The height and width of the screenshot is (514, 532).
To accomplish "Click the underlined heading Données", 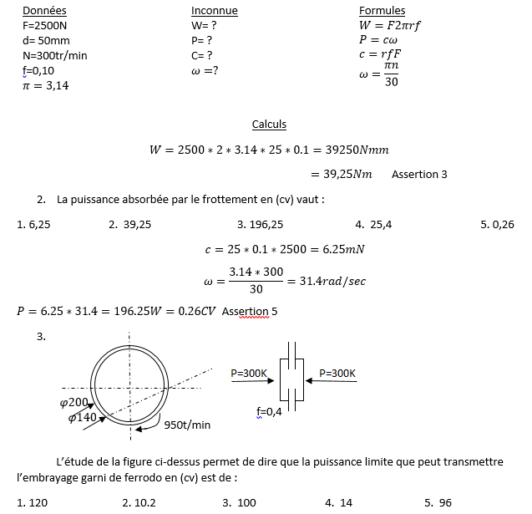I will coord(44,11).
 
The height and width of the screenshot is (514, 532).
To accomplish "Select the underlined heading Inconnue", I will coord(214,11).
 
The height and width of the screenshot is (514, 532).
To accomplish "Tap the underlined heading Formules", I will coord(382,11).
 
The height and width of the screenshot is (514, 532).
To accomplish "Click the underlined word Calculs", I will coord(269,125).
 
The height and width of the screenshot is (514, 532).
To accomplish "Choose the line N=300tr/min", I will coord(55,55).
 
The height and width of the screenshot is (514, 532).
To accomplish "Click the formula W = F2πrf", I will coord(389,25).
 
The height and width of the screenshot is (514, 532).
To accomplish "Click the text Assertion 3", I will coord(419,175).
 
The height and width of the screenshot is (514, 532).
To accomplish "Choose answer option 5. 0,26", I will coord(497,224).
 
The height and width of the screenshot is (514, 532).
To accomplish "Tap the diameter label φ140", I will coord(82,417).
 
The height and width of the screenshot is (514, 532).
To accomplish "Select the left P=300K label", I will coord(249,373).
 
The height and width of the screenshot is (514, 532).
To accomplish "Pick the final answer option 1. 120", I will coord(33,502).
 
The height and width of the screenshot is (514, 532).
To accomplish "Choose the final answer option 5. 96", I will coord(438,502).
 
